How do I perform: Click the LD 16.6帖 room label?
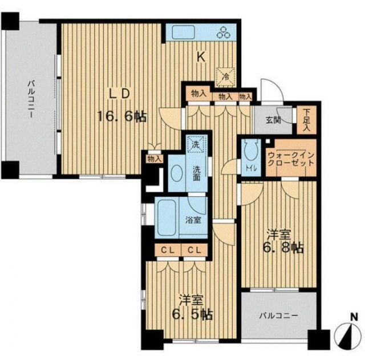coord(121,106)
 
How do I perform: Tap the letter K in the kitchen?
coord(201,57)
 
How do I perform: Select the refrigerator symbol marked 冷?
coord(225,77)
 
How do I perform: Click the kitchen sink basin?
coord(183,33)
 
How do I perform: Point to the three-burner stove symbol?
coord(224,33)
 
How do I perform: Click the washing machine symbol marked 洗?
coord(196,144)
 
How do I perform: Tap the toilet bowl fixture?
coord(250,149)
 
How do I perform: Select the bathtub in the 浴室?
coord(167,218)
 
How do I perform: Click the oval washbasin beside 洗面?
coord(177,173)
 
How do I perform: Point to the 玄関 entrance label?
coord(273,120)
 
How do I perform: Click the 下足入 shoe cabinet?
coord(307,120)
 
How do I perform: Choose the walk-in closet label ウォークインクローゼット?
coord(291,159)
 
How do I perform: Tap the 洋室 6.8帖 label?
coord(283,241)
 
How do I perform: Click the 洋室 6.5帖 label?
coord(192,308)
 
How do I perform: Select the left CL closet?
coord(168,250)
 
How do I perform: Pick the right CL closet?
coord(194,250)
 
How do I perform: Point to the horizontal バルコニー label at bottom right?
coord(279,316)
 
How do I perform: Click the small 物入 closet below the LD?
coord(155,159)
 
